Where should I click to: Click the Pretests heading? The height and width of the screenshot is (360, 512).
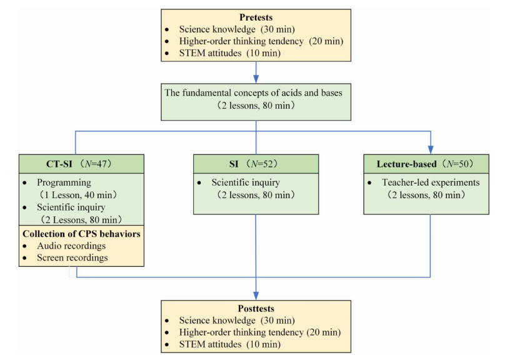click(256, 17)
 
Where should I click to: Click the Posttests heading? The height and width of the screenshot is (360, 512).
click(256, 308)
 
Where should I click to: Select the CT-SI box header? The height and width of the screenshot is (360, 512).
click(81, 164)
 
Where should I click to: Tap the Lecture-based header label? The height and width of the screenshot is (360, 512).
click(406, 164)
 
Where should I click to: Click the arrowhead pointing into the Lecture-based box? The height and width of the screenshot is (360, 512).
click(431, 150)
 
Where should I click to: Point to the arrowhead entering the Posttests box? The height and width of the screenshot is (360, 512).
click(256, 296)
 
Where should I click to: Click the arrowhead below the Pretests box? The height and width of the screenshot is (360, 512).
click(256, 79)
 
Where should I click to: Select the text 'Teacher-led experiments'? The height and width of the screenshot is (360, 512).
click(431, 182)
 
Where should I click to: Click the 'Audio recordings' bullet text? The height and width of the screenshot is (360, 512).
click(71, 246)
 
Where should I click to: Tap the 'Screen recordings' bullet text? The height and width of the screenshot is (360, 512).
click(72, 258)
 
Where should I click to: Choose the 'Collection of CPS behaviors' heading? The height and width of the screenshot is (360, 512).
click(81, 234)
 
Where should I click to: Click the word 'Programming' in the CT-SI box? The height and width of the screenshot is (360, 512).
click(64, 182)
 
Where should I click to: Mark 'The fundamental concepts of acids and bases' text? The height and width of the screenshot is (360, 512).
click(253, 92)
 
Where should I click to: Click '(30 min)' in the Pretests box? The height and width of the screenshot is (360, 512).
click(278, 29)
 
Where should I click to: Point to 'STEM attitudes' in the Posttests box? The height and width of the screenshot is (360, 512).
click(210, 344)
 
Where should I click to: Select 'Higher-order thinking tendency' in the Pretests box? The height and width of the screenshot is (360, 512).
click(241, 41)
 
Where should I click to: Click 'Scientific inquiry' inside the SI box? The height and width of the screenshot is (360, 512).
click(246, 182)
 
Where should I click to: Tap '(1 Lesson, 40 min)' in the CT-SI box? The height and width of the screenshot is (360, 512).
click(78, 195)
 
